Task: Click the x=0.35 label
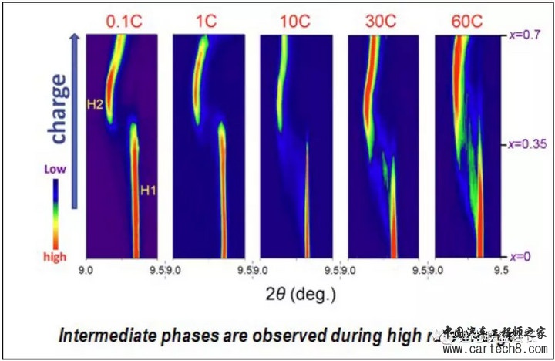point(526,143)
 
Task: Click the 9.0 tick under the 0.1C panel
point(87,270)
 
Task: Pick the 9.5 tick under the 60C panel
point(501,270)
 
